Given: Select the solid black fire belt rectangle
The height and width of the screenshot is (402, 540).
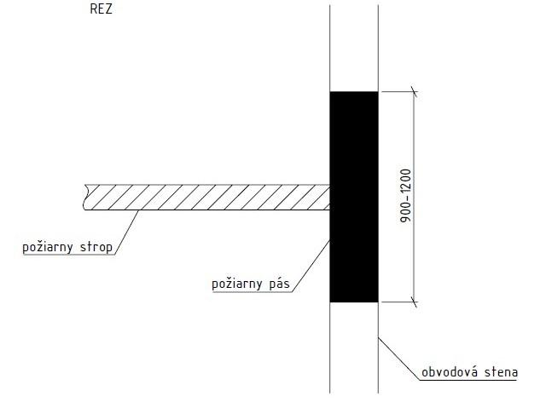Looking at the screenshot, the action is (354, 196).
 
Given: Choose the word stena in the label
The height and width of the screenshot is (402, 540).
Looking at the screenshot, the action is (508, 371).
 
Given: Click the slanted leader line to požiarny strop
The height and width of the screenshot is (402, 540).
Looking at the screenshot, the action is (128, 230).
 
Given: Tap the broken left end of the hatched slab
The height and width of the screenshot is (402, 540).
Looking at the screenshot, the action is (86, 197).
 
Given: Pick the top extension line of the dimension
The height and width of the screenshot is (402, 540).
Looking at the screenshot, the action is (397, 91).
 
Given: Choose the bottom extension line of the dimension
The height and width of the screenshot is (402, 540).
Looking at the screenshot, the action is (397, 301).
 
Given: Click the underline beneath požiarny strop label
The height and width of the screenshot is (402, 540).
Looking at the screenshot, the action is (68, 255).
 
